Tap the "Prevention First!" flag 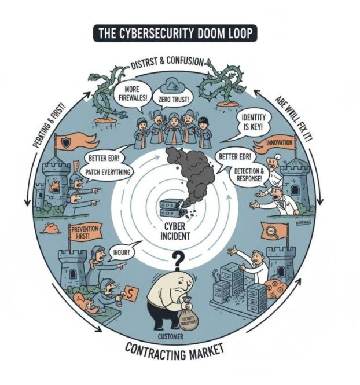[85, 233]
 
